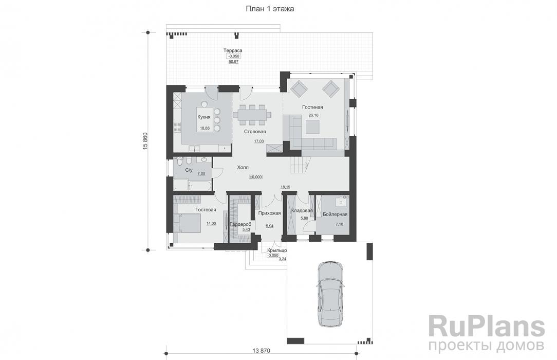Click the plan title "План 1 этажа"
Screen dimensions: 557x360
270,9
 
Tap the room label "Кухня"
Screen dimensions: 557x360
204,117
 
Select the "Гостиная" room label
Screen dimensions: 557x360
312,107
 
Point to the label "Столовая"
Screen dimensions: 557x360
255,132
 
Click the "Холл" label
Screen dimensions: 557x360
243,167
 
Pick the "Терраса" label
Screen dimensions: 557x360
233,50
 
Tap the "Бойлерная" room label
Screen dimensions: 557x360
335,214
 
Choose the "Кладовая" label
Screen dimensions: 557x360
302,210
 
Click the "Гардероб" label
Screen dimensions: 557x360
240,224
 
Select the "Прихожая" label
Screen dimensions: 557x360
270,213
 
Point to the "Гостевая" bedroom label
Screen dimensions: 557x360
206,210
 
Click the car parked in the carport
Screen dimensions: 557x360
330,294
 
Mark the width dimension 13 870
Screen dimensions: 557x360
262,351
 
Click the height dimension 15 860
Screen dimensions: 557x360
145,141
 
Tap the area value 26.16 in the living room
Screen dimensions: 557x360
313,115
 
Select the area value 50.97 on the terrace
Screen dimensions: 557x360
234,62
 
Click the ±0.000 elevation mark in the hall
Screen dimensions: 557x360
256,176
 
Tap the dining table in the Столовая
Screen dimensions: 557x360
252,115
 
